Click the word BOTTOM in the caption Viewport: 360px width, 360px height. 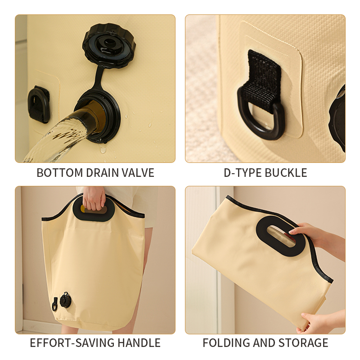click(x=60, y=173)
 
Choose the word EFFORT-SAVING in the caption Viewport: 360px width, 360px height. click(x=72, y=343)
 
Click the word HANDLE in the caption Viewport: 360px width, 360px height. click(x=139, y=343)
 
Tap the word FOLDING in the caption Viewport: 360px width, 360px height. click(x=226, y=343)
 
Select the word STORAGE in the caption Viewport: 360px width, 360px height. click(x=303, y=343)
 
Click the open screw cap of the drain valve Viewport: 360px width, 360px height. click(x=109, y=45)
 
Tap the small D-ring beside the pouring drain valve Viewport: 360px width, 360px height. click(x=38, y=104)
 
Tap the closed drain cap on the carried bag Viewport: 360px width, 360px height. click(x=66, y=300)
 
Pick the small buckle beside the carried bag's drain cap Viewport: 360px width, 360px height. click(x=54, y=304)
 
